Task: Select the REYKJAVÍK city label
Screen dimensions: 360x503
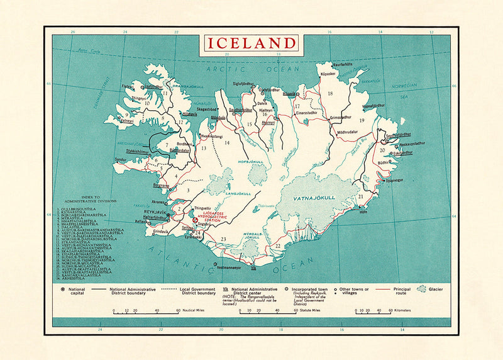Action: click(153, 212)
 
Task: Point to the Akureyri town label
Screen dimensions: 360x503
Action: click(268, 123)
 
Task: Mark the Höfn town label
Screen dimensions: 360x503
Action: click(363, 213)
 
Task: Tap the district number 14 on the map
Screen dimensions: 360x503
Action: click(227, 143)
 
